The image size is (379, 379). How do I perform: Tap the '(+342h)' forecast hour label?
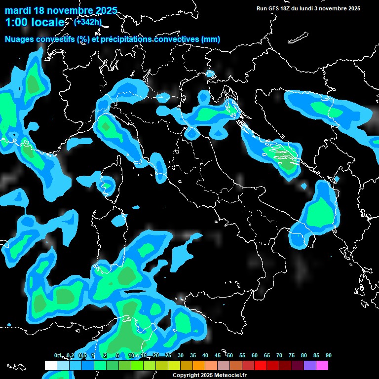pos(88,22)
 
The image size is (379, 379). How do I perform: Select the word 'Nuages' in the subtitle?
pos(19,39)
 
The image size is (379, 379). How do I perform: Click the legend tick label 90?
pos(329,355)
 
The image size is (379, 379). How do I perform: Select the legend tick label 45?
pos(218,355)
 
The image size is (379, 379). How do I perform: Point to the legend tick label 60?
pos(255,355)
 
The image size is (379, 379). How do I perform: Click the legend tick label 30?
pos(181,355)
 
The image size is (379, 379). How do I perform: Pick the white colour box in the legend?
pos(50,365)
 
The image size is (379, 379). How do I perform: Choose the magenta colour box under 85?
pos(322,365)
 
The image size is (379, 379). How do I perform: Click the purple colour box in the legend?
pos(310,365)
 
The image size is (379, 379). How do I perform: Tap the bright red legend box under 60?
pos(261,365)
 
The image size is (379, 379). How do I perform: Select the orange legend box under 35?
pos(199,365)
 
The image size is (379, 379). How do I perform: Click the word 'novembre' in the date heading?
pos(68,10)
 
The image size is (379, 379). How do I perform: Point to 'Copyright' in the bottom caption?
pos(185,375)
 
